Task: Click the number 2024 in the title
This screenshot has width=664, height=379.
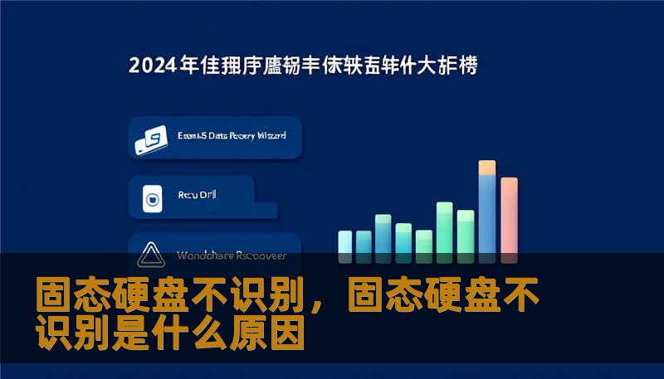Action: pos(152,66)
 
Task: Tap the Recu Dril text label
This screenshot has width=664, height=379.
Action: pos(196,196)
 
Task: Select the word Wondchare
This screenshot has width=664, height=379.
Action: pos(204,255)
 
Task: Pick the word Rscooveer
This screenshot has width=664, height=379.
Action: pos(263,255)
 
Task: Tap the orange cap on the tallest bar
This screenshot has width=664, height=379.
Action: pos(487,168)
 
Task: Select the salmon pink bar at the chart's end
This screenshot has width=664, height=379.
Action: pos(509,216)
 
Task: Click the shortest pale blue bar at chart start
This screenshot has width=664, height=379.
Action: pos(345,241)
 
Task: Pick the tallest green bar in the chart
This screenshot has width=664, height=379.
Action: pos(445,227)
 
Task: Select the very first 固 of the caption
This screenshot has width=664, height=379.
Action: pos(52,297)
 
